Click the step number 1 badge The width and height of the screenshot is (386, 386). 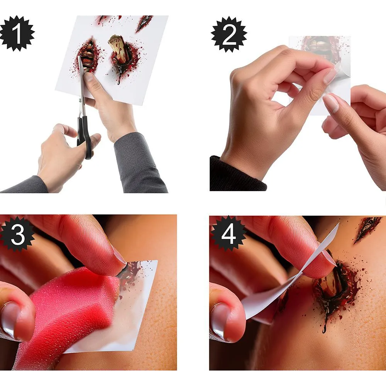(x=17, y=33)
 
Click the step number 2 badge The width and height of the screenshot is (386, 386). (x=229, y=34)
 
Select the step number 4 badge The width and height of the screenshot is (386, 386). (x=228, y=234)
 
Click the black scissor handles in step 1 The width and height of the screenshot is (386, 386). (x=85, y=137)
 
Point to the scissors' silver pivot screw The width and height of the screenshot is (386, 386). (x=80, y=100)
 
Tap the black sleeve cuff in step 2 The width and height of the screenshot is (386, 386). (x=237, y=175)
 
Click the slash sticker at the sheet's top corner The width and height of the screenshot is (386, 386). (x=145, y=24)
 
